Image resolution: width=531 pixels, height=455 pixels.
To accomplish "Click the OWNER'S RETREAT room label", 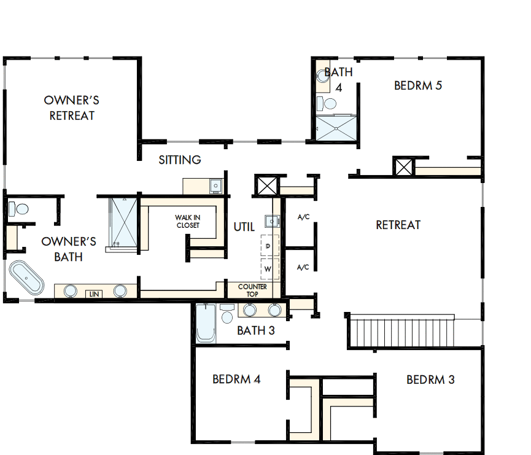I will pyautogui.click(x=71, y=107).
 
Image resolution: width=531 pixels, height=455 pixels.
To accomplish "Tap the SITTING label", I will pyautogui.click(x=180, y=160).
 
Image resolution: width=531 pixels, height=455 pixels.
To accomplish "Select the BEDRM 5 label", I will pyautogui.click(x=417, y=85).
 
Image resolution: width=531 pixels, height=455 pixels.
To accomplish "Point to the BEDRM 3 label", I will pyautogui.click(x=430, y=379).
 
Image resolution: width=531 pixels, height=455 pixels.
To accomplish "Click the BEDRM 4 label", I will pyautogui.click(x=236, y=379).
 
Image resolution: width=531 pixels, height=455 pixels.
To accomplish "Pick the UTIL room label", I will pyautogui.click(x=244, y=227).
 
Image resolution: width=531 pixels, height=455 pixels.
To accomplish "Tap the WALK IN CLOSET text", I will pyautogui.click(x=187, y=221).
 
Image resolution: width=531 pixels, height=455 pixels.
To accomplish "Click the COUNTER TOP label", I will pyautogui.click(x=252, y=290).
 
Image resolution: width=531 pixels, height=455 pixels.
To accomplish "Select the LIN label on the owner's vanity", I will pyautogui.click(x=93, y=294).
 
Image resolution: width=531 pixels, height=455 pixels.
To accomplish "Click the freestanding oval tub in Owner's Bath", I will pyautogui.click(x=26, y=278).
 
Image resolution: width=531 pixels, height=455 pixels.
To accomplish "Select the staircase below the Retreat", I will pyautogui.click(x=401, y=331).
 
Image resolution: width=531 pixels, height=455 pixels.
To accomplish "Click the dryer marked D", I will pyautogui.click(x=268, y=246).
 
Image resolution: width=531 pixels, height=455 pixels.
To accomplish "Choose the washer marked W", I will pyautogui.click(x=268, y=268).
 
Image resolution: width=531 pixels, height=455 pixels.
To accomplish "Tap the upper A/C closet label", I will pyautogui.click(x=303, y=217).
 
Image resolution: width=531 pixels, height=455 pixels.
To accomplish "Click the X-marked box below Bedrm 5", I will pyautogui.click(x=404, y=166).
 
